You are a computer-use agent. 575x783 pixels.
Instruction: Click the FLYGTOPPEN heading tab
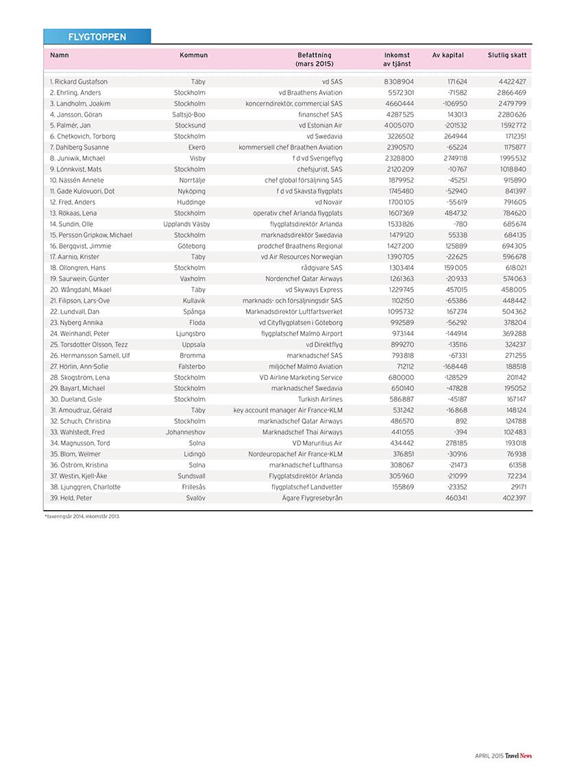tap(97, 37)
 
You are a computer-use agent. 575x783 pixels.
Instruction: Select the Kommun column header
tap(193, 55)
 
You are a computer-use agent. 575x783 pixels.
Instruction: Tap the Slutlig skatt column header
tap(507, 55)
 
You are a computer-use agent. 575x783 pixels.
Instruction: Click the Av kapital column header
tap(448, 55)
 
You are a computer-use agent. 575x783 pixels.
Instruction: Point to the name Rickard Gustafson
tap(79, 82)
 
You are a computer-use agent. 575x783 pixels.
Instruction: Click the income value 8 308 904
tap(399, 82)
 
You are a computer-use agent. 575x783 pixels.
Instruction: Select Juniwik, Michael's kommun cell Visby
tap(197, 158)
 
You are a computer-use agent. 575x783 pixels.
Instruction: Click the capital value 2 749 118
tap(452, 158)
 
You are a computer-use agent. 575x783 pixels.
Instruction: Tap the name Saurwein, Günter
tap(81, 279)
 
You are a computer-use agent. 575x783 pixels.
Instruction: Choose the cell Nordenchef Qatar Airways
tap(304, 279)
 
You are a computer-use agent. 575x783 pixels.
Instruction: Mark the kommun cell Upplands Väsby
tap(186, 224)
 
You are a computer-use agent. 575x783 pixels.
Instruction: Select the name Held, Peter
tap(71, 498)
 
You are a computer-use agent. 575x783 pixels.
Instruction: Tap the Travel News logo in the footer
tap(519, 756)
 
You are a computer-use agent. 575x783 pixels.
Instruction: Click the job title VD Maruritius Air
tap(317, 443)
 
